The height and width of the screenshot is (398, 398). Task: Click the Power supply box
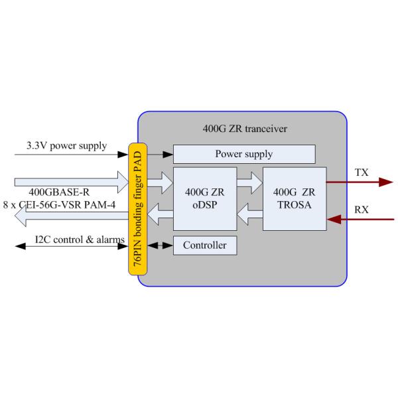pos(243,155)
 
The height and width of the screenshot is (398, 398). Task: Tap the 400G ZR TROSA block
pos(295,198)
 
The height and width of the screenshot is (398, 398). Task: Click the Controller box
pos(204,245)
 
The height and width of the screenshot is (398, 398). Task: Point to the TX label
pos(362,172)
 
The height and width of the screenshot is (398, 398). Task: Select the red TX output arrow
pos(358,180)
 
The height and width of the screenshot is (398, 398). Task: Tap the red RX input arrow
pos(358,216)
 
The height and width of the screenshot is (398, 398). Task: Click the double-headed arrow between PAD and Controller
pos(159,245)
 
